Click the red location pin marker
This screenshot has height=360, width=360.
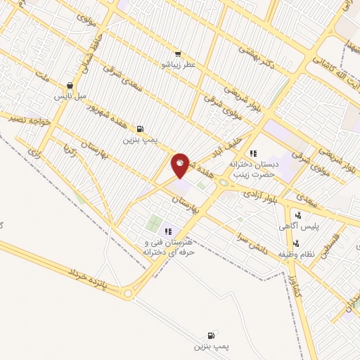(x=181, y=165)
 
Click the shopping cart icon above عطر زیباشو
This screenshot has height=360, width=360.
(x=178, y=53)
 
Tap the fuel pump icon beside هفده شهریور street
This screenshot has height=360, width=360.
(x=141, y=129)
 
